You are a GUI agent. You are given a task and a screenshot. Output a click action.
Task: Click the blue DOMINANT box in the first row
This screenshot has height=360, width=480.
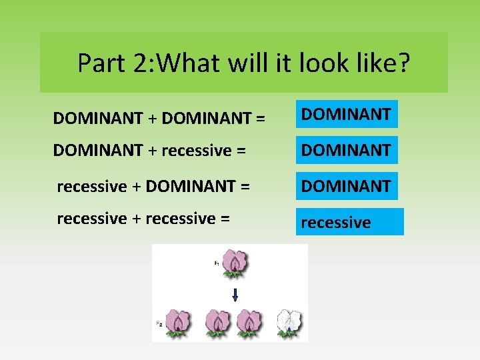346,115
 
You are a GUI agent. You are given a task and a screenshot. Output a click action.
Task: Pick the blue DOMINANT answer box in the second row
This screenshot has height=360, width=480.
346,151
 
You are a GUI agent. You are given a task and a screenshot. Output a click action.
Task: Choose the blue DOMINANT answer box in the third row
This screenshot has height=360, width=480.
346,187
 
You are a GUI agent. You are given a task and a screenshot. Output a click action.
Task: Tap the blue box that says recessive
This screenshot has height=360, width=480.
350,222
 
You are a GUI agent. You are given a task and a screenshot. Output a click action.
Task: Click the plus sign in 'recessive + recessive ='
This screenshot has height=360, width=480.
136,219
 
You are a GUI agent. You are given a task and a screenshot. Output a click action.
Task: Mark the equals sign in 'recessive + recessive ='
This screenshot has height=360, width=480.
225,219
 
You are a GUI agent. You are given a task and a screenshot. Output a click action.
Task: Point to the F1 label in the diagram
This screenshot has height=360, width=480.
217,263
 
